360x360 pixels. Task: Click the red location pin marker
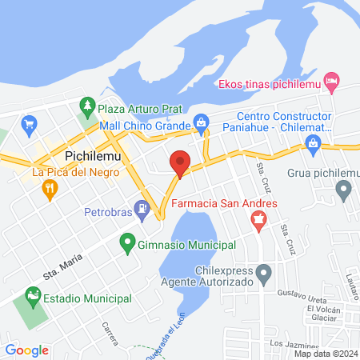click(x=180, y=163)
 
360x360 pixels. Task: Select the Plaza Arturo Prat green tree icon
click(x=87, y=106)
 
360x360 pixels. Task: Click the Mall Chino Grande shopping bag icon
click(x=201, y=125)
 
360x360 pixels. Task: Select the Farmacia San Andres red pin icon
click(x=258, y=225)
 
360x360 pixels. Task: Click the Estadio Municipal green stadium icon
click(x=33, y=298)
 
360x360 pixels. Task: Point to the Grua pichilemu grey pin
click(x=343, y=190)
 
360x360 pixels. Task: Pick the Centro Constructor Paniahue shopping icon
click(x=313, y=143)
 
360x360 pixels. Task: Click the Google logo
click(x=26, y=350)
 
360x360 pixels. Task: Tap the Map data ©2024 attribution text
click(x=326, y=354)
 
